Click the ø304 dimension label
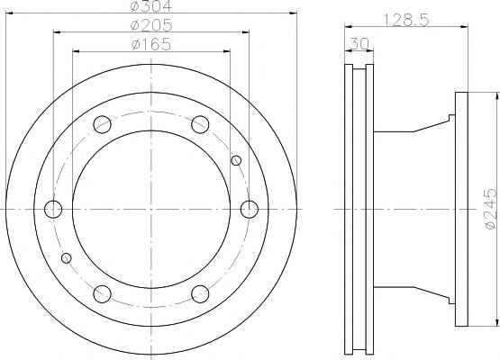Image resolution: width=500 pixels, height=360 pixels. click(151, 6)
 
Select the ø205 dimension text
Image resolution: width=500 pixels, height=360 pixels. click(151, 25)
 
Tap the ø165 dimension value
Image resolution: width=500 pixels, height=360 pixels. click(151, 44)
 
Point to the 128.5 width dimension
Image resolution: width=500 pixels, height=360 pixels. click(406, 21)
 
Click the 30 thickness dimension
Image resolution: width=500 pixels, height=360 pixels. click(359, 43)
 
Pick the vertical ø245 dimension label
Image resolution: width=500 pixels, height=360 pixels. click(491, 209)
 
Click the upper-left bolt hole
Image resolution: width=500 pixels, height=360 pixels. click(102, 124)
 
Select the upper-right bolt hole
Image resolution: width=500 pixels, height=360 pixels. click(200, 124)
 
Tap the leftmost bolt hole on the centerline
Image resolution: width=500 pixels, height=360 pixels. click(53, 210)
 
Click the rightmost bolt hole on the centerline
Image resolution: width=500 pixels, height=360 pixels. click(249, 210)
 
